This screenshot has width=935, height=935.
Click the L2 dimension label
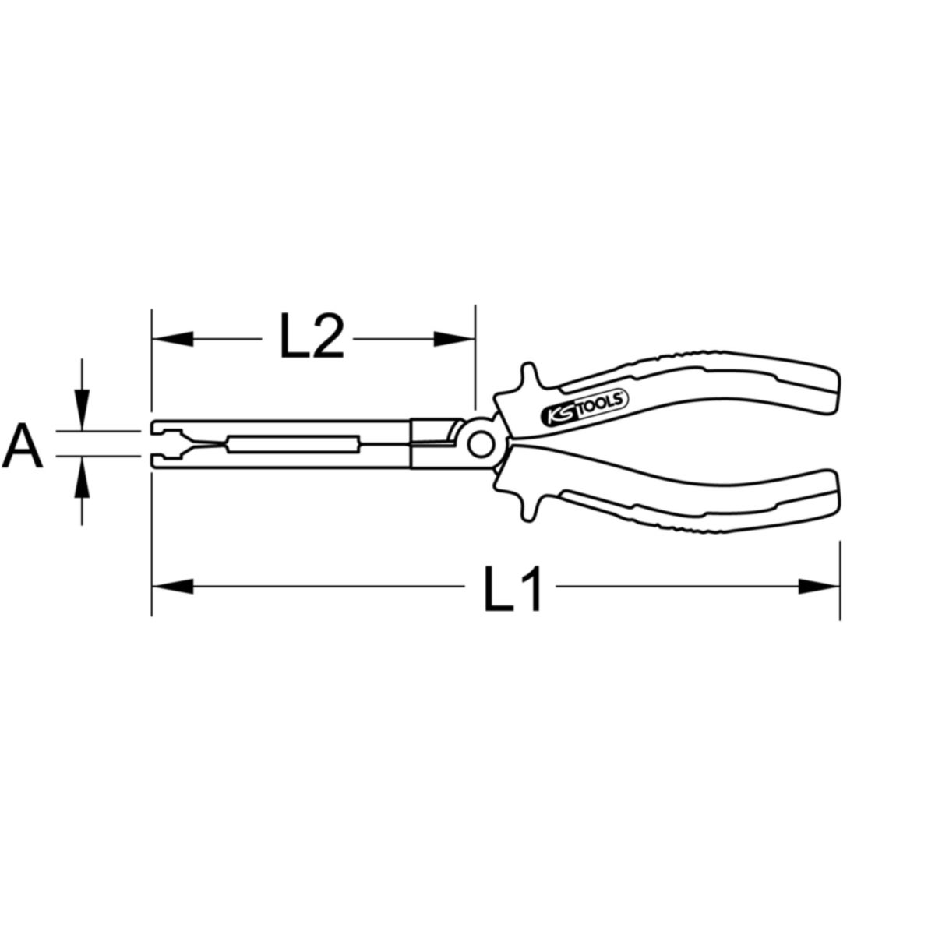pyautogui.click(x=312, y=337)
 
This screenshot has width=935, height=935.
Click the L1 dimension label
pyautogui.click(x=512, y=587)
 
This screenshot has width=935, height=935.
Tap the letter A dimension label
pyautogui.click(x=23, y=445)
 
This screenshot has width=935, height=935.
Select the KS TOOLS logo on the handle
pyautogui.click(x=584, y=403)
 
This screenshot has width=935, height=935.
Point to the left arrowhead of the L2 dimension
pyautogui.click(x=173, y=339)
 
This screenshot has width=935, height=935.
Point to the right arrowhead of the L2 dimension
pyautogui.click(x=453, y=339)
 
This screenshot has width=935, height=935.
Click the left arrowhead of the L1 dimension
pyautogui.click(x=173, y=587)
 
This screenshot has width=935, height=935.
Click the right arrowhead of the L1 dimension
pyautogui.click(x=819, y=587)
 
